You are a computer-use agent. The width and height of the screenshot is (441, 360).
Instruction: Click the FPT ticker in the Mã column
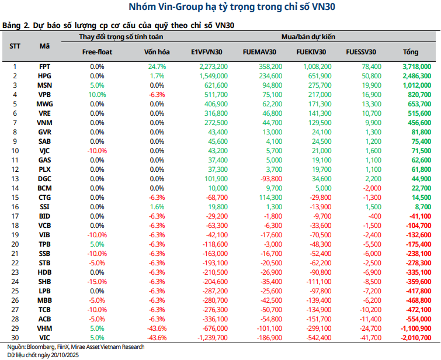[44, 67]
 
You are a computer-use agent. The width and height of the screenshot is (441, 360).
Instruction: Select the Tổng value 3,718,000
[416, 67]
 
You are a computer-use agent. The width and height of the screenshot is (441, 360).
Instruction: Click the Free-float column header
[97, 52]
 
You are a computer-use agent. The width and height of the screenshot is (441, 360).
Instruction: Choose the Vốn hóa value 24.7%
[157, 67]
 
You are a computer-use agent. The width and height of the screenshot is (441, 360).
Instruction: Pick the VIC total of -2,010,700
[415, 338]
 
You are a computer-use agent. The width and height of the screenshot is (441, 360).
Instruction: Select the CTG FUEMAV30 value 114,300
[270, 198]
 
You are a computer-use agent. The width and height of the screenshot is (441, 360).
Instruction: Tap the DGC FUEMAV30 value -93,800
[272, 179]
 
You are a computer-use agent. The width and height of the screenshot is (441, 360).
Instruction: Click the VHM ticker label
[44, 328]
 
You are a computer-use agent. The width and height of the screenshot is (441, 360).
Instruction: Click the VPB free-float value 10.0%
[96, 95]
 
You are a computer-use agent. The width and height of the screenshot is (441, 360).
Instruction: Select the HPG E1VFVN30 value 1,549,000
[212, 77]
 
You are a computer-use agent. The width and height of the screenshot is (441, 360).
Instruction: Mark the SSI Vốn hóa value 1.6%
[157, 207]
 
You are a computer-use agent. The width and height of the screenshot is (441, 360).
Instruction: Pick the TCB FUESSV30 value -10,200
[369, 310]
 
